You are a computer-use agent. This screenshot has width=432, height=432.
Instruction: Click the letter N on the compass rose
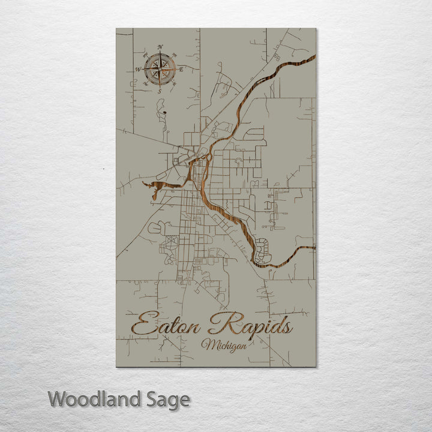click(x=160, y=47)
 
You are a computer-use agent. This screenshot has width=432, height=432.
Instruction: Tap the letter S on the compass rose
click(x=160, y=92)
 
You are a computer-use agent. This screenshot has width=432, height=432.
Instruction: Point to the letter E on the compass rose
click(x=182, y=70)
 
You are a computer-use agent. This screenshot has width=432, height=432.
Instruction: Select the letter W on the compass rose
click(x=137, y=70)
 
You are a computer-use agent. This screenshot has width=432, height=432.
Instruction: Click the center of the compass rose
click(x=160, y=69)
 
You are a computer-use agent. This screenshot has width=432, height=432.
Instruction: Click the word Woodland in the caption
click(x=93, y=399)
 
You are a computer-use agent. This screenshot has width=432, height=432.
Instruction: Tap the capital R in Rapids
click(x=221, y=324)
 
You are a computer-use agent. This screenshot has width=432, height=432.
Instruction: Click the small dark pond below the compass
click(x=162, y=111)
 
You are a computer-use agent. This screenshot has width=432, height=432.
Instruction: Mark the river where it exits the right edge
click(x=313, y=247)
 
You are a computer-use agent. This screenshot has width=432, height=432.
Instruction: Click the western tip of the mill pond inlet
click(x=145, y=184)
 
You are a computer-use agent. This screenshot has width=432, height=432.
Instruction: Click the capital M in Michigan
click(x=208, y=344)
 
